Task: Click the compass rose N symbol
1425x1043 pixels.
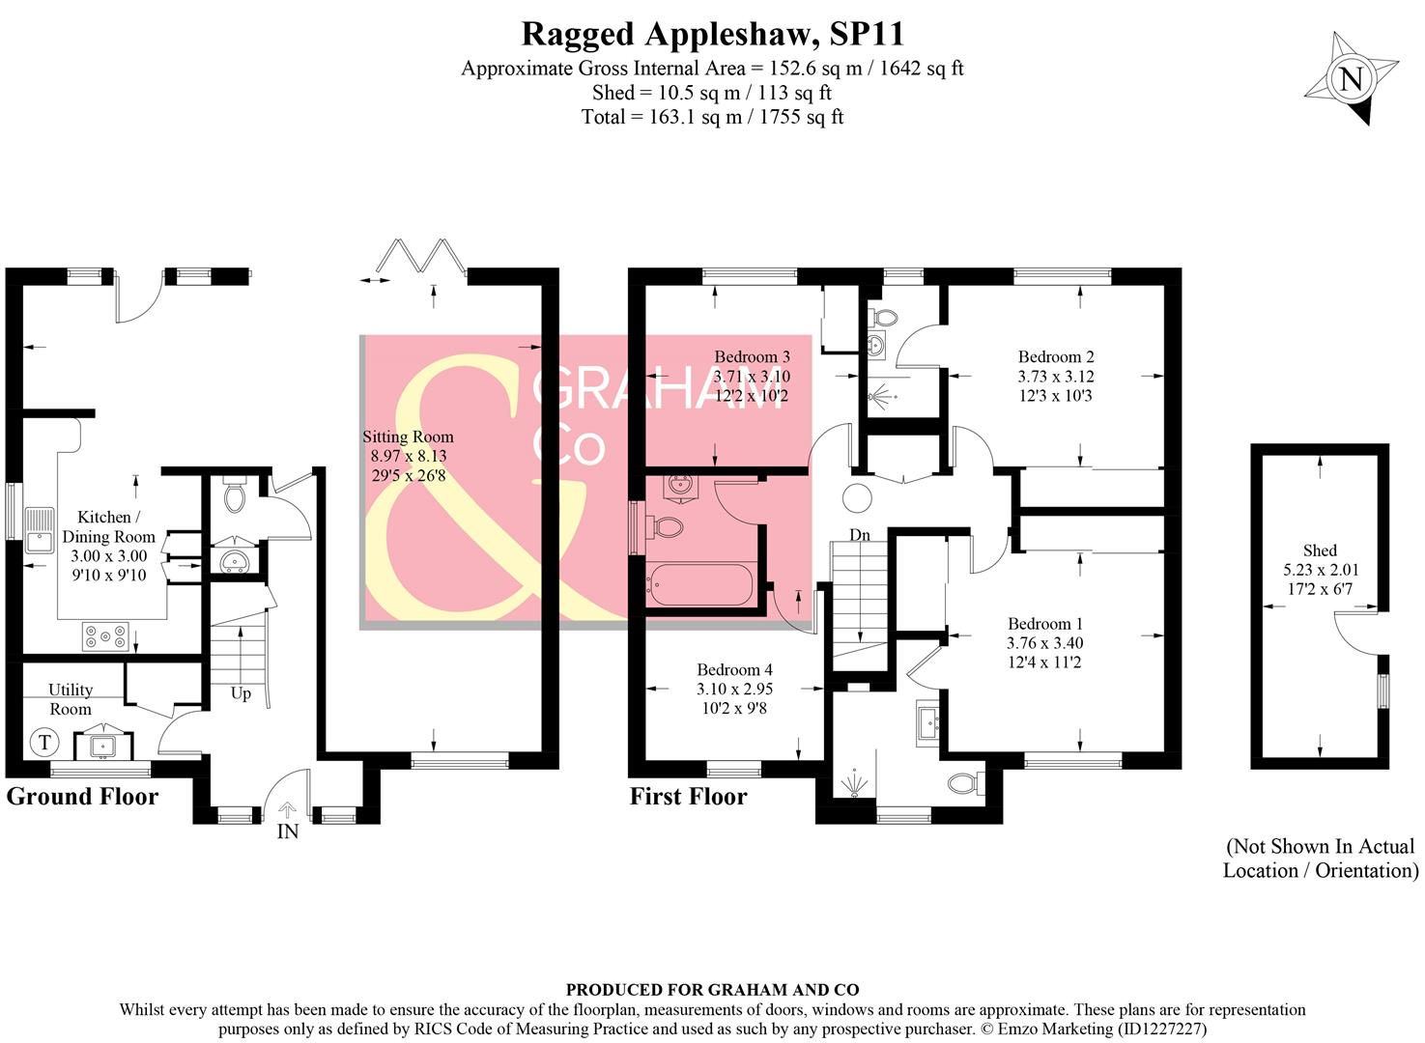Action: pyautogui.click(x=1351, y=77)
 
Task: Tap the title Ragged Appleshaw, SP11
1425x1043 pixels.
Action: pyautogui.click(x=712, y=34)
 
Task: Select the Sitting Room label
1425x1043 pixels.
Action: pyautogui.click(x=408, y=456)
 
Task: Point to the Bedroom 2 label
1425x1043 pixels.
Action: pyautogui.click(x=1055, y=376)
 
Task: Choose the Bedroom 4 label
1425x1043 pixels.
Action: pyautogui.click(x=734, y=689)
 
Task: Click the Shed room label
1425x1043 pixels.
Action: pyautogui.click(x=1320, y=569)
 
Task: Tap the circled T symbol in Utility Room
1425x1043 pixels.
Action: pyautogui.click(x=43, y=743)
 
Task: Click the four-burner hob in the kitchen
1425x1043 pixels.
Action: pyautogui.click(x=105, y=636)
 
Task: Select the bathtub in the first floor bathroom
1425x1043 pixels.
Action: pyautogui.click(x=701, y=585)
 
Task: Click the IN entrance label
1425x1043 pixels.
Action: pyautogui.click(x=288, y=832)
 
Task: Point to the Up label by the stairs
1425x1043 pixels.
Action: pyautogui.click(x=241, y=693)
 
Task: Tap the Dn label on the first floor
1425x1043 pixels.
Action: pyautogui.click(x=859, y=535)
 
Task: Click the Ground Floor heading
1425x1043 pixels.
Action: pyautogui.click(x=82, y=797)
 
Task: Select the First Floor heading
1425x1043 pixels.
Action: pyautogui.click(x=688, y=797)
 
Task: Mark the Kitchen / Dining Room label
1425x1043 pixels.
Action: pyautogui.click(x=108, y=546)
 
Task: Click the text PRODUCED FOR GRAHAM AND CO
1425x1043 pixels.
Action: pyautogui.click(x=712, y=990)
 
